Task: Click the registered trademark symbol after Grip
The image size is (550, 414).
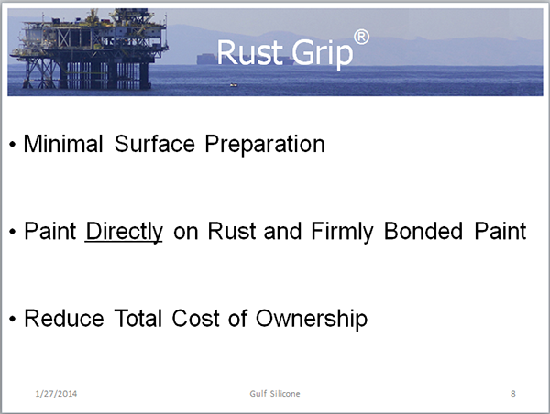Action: (x=361, y=38)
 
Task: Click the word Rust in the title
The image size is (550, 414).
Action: (x=250, y=52)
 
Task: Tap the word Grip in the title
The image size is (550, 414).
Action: (x=323, y=54)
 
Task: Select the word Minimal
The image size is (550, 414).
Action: (x=63, y=144)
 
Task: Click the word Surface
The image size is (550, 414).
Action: (x=154, y=144)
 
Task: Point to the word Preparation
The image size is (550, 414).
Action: (x=265, y=145)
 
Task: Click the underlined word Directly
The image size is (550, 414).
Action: (x=124, y=232)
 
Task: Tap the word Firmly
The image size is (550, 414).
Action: (x=342, y=232)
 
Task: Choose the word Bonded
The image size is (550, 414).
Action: (x=423, y=231)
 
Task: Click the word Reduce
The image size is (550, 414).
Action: (x=64, y=319)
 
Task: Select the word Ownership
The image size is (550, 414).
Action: (x=312, y=320)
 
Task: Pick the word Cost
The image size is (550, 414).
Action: (x=194, y=319)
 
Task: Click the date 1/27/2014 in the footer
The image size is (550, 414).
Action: (x=56, y=394)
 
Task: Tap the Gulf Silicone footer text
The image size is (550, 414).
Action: (x=275, y=394)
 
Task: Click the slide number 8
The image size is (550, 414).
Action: (x=513, y=394)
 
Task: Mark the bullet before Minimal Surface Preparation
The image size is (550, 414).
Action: (x=13, y=145)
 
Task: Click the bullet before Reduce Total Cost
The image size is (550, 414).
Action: (x=13, y=319)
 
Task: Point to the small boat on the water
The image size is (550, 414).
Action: (x=234, y=85)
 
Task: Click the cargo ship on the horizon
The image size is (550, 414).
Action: (x=246, y=60)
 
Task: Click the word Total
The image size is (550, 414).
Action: (x=138, y=319)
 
